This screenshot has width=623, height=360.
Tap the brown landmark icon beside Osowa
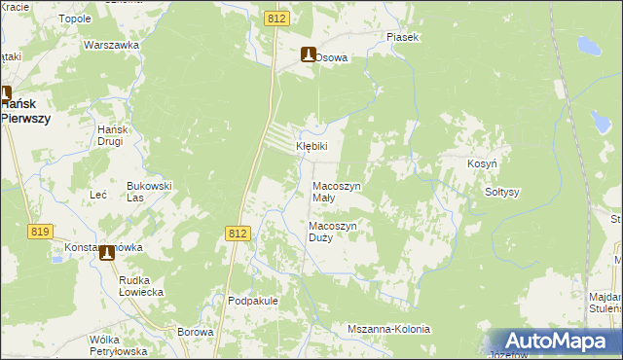click(309, 55)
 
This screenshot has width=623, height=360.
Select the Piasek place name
click(402, 37)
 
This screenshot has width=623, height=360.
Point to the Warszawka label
click(108, 46)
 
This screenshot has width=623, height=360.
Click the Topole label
click(75, 18)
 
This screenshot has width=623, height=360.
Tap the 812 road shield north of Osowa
click(275, 18)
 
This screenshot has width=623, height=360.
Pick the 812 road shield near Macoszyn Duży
click(238, 234)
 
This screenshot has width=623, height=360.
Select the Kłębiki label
click(312, 146)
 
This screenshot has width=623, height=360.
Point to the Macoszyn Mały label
click(337, 191)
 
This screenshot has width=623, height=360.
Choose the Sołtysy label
click(502, 192)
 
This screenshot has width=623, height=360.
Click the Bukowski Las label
click(149, 191)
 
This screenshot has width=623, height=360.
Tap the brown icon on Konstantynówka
click(106, 253)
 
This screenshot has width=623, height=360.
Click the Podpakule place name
click(253, 301)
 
